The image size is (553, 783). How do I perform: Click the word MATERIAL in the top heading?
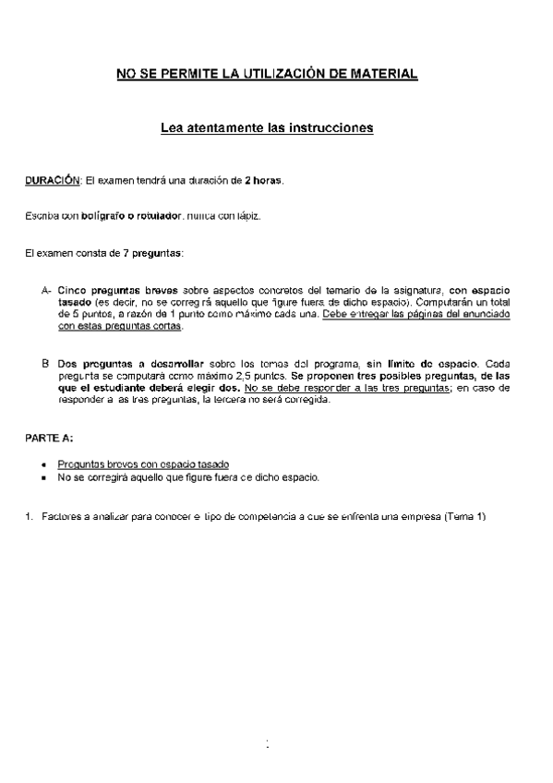click(382, 73)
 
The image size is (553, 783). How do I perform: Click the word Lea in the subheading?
click(173, 128)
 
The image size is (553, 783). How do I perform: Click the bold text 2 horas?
click(263, 180)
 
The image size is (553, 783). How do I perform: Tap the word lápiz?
click(246, 216)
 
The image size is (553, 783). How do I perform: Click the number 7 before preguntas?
click(126, 252)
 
